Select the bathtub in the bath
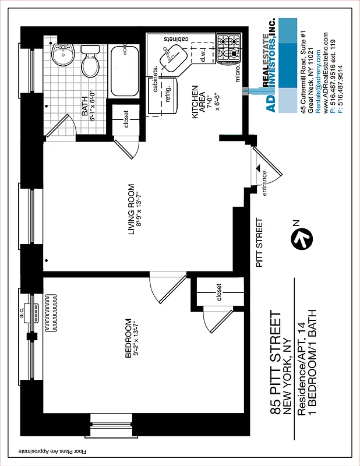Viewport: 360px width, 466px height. (123, 72)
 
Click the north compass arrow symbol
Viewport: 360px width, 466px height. (302, 238)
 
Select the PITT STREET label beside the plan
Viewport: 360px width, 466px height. (260, 242)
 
